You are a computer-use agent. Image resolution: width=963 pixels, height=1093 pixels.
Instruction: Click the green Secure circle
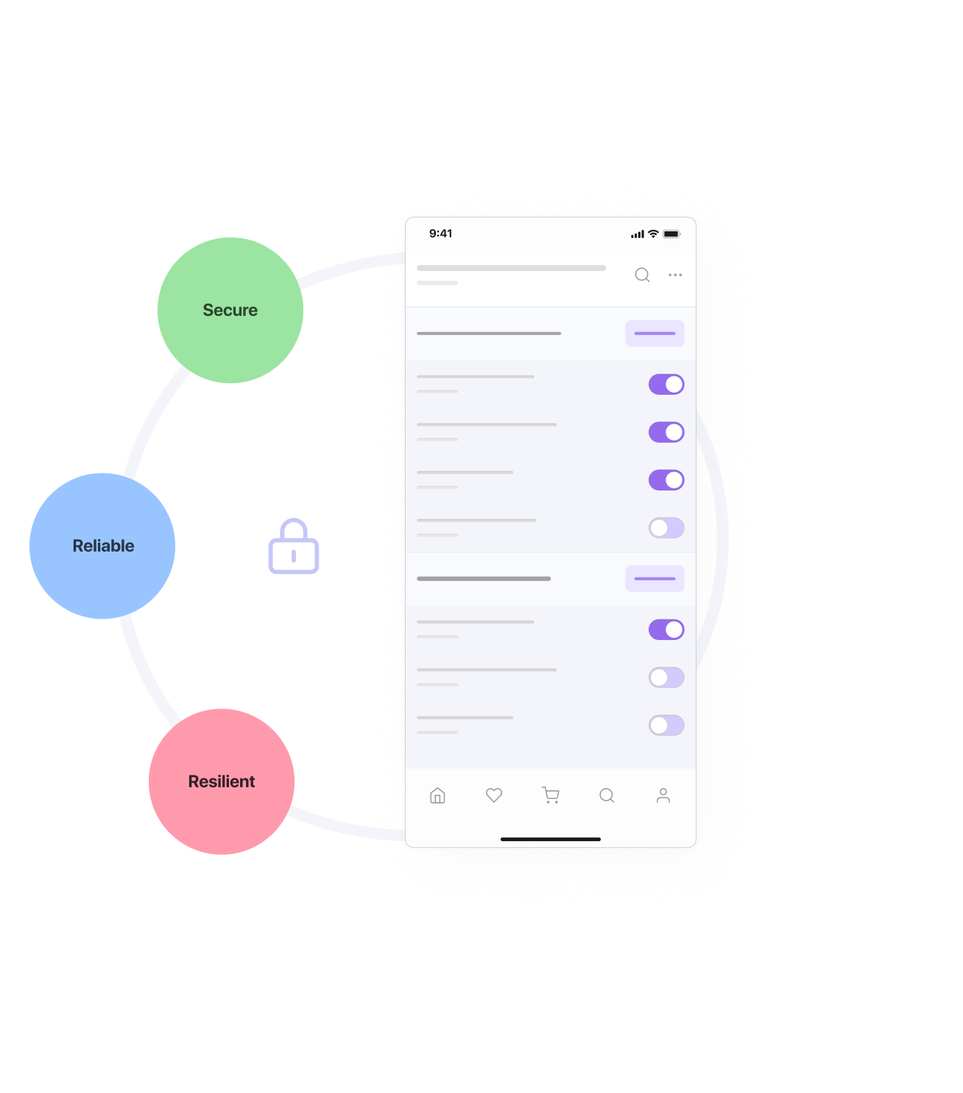click(x=230, y=310)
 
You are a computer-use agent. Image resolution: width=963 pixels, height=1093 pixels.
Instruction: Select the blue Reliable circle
click(x=102, y=546)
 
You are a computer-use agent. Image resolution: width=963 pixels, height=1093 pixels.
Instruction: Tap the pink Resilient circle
click(x=222, y=781)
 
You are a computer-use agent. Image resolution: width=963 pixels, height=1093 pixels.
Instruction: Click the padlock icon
click(x=294, y=546)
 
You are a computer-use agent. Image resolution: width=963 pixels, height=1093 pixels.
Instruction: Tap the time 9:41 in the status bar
click(x=440, y=233)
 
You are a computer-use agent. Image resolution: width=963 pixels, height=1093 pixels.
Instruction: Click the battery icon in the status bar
click(x=671, y=234)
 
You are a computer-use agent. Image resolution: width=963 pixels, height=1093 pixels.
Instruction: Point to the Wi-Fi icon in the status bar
click(x=653, y=233)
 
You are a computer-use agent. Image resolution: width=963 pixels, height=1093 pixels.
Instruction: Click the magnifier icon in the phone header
click(x=642, y=275)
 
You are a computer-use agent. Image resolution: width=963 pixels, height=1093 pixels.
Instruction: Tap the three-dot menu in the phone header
click(x=675, y=275)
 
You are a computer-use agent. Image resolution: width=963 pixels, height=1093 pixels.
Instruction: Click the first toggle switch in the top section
click(x=666, y=384)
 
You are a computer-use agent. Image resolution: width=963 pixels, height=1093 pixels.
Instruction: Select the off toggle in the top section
click(x=666, y=528)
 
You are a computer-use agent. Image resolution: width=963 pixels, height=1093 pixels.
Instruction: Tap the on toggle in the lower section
click(x=666, y=630)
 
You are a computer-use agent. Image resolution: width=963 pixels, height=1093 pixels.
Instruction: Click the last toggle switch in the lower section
click(x=666, y=725)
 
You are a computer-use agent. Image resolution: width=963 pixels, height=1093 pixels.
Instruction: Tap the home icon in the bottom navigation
click(x=437, y=795)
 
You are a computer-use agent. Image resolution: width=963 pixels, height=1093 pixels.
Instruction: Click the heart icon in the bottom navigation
click(x=494, y=795)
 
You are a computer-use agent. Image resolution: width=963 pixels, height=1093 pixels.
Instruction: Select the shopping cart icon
click(x=551, y=795)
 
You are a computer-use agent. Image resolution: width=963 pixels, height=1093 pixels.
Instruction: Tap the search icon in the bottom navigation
click(x=607, y=795)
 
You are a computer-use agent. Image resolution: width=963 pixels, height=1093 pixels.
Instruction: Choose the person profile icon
click(x=663, y=795)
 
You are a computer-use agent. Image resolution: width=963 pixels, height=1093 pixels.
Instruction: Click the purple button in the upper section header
click(x=655, y=334)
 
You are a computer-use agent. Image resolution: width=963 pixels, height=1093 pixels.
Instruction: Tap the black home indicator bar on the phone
click(x=551, y=839)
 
